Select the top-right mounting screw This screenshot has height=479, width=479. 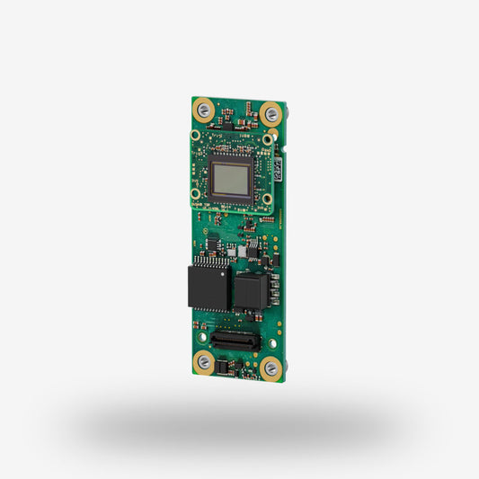click(x=271, y=114)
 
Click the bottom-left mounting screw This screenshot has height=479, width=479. click(x=204, y=362)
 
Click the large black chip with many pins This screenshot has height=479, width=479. click(x=208, y=287)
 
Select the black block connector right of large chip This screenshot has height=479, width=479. click(x=248, y=292)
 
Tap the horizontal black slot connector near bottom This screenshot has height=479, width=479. click(x=235, y=342)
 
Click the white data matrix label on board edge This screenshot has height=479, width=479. click(x=279, y=167)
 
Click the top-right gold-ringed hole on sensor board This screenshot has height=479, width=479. click(x=268, y=136)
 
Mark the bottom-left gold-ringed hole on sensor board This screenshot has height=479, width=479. click(x=195, y=192)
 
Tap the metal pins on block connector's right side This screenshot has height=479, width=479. click(x=270, y=293)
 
